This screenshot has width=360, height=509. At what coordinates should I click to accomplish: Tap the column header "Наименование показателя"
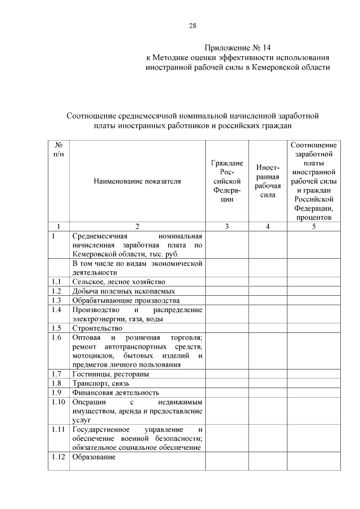(137, 182)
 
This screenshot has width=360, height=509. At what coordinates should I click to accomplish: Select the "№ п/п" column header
(58, 149)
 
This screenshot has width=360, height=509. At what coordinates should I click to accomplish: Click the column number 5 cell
(314, 226)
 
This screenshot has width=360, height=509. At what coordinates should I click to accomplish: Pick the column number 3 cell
(226, 226)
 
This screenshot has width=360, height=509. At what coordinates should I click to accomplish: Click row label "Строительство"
(97, 328)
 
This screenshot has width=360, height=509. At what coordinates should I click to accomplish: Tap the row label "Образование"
(93, 457)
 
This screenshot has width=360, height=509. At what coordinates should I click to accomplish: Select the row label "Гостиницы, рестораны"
(111, 374)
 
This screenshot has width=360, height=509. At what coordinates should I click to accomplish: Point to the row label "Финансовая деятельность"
(116, 393)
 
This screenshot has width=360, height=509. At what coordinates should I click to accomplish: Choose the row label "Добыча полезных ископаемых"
(124, 291)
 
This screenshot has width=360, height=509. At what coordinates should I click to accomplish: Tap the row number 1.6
(56, 337)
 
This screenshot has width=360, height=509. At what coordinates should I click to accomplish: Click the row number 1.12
(58, 457)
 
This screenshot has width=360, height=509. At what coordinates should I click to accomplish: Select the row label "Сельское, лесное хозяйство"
(119, 282)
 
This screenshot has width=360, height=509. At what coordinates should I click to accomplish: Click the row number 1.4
(56, 310)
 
